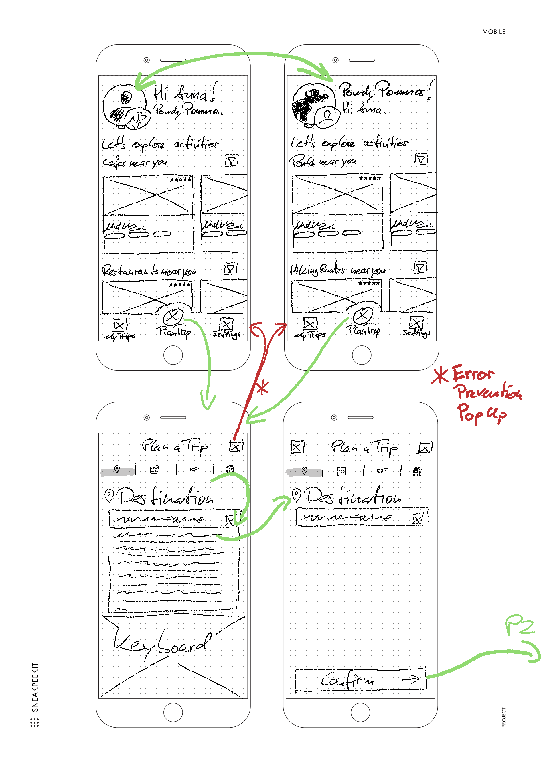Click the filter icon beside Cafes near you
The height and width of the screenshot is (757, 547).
coord(231,160)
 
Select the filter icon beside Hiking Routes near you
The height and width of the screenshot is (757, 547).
coord(420,267)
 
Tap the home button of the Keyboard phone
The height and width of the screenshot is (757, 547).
coord(173,712)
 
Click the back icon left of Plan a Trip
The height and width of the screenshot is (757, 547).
coord(297,447)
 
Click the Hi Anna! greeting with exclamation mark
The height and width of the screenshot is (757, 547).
coord(185,92)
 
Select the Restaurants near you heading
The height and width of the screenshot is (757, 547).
coord(149,271)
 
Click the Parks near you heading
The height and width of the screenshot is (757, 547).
coord(323,161)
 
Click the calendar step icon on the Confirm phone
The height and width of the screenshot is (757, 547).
coord(341,471)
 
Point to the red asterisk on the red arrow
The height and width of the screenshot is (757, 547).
coord(262,388)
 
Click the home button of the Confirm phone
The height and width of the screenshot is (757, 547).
coord(360,712)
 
